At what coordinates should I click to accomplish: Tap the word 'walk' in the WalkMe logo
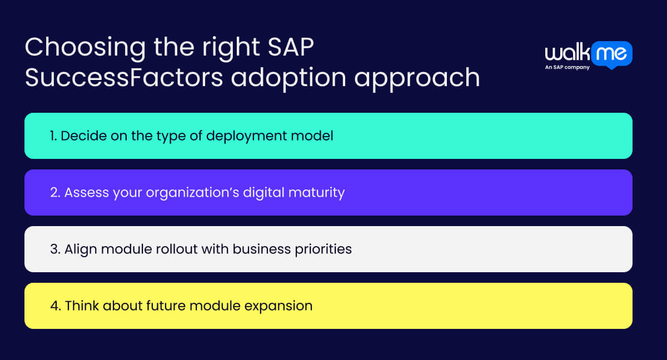[x=566, y=54]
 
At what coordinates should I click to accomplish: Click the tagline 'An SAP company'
[x=567, y=67]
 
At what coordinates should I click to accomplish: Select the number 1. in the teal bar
[x=54, y=136]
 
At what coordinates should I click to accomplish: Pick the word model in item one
[x=316, y=136]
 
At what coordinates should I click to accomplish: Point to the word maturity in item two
[x=318, y=193]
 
